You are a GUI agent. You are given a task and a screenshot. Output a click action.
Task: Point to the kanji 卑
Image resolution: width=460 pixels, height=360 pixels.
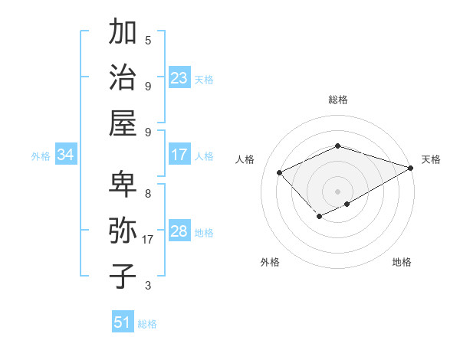click(123, 185)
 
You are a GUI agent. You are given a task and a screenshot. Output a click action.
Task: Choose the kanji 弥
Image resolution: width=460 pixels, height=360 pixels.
click(123, 231)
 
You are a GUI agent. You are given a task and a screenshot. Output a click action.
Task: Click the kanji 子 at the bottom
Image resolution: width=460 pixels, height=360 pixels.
click(123, 276)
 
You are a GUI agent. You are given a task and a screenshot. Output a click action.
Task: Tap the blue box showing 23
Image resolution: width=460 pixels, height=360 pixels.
click(179, 78)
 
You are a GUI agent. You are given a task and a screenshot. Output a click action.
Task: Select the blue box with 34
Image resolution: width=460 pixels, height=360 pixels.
click(66, 155)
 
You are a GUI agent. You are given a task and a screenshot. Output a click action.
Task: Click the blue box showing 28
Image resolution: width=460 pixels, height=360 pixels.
click(179, 232)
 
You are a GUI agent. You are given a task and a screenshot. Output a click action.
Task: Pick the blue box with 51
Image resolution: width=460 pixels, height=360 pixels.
click(123, 322)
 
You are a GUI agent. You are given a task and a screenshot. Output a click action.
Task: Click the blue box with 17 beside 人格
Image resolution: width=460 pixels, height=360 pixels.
click(179, 155)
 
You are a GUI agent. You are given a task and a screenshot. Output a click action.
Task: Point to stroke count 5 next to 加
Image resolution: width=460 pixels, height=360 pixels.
click(148, 40)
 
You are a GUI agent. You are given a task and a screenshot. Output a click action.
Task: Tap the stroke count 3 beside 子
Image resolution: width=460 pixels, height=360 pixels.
click(148, 286)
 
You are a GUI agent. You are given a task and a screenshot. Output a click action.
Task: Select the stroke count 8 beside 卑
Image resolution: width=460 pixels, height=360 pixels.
click(148, 193)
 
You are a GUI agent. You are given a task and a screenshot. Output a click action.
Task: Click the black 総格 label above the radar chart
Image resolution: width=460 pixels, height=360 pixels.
click(337, 100)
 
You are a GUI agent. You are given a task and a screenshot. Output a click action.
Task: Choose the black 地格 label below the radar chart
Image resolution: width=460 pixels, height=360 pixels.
click(402, 263)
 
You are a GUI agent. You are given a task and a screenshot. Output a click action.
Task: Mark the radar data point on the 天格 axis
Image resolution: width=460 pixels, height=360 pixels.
click(411, 168)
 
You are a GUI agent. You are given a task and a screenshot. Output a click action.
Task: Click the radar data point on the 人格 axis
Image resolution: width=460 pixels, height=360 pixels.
click(280, 172)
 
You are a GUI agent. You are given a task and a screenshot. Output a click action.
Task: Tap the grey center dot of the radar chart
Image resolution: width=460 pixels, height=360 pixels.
click(337, 191)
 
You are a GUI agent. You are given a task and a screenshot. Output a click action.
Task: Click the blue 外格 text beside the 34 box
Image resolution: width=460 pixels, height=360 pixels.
click(41, 156)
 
